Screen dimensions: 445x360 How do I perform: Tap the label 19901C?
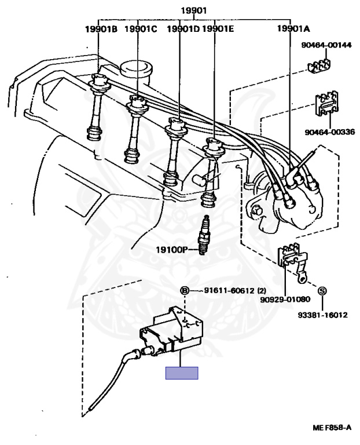click(x=141, y=28)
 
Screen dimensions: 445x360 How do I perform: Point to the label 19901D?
click(x=183, y=28)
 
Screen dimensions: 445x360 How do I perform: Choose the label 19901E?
click(x=218, y=28)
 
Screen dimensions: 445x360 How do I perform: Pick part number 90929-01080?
click(x=286, y=299)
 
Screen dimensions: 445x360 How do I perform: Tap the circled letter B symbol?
click(x=185, y=290)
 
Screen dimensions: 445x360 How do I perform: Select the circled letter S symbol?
click(x=322, y=290)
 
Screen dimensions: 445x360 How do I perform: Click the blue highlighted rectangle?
click(x=182, y=373)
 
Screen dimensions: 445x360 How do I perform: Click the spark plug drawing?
click(x=202, y=237)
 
